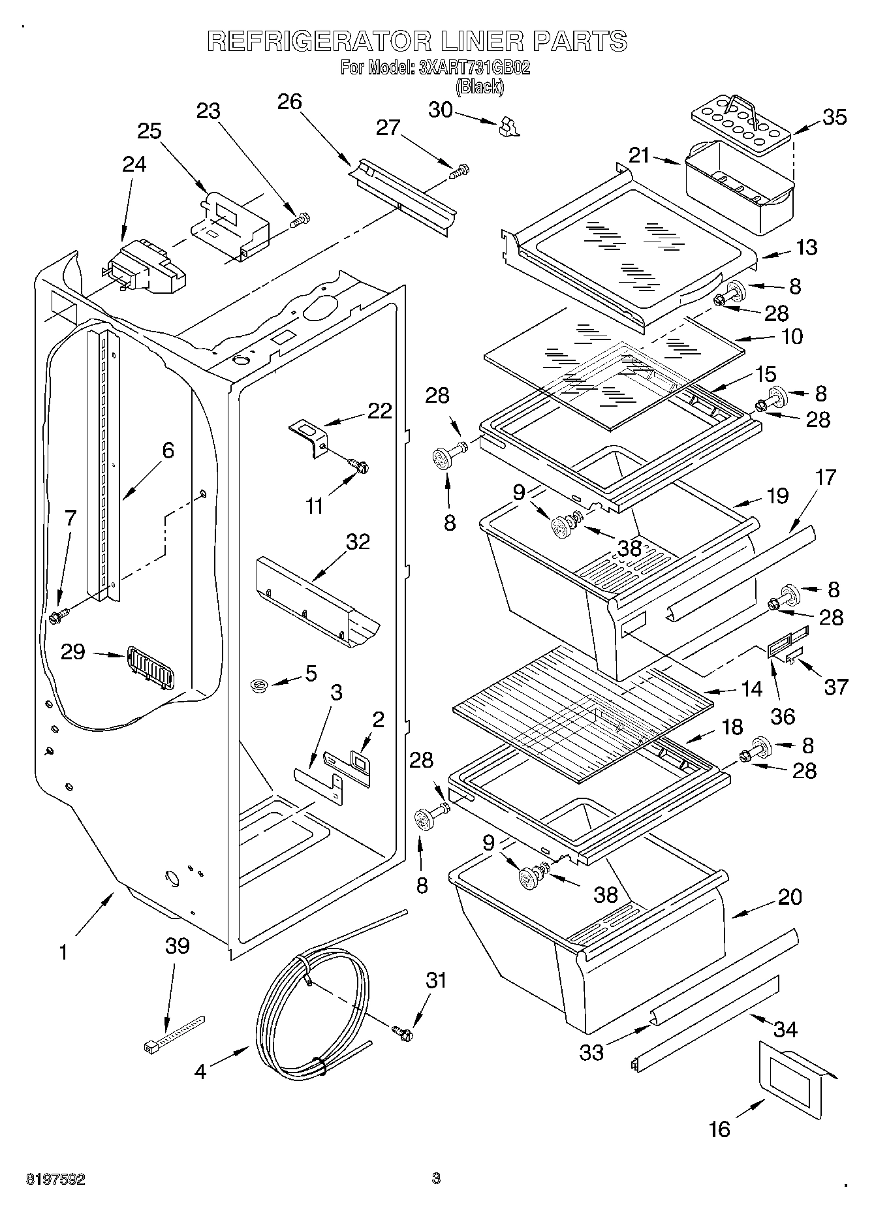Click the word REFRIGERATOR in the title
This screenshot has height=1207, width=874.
pyautogui.click(x=319, y=40)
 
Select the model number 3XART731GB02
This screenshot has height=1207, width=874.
pyautogui.click(x=474, y=67)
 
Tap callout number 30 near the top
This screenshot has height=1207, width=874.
pyautogui.click(x=441, y=110)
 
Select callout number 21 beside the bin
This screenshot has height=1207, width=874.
pyautogui.click(x=640, y=155)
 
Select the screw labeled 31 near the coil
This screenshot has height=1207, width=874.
pyautogui.click(x=403, y=1033)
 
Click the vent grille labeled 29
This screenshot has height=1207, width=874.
pyautogui.click(x=150, y=666)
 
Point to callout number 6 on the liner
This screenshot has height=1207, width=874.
pyautogui.click(x=168, y=450)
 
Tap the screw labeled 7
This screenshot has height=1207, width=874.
pyautogui.click(x=58, y=616)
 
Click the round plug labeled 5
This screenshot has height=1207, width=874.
pyautogui.click(x=259, y=685)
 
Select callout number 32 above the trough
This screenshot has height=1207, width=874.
pyautogui.click(x=358, y=541)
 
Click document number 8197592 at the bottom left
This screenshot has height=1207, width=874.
pyautogui.click(x=55, y=1179)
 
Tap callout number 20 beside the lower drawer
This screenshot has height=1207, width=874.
pyautogui.click(x=789, y=897)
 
